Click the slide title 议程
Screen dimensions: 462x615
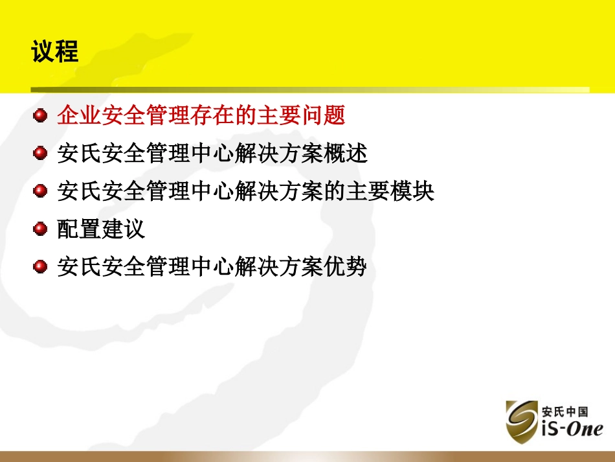(55, 51)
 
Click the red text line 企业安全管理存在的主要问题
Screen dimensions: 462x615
(201, 116)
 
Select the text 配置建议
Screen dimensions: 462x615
(101, 229)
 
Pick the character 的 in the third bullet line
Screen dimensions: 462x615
(333, 191)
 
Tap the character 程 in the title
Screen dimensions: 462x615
(67, 51)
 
